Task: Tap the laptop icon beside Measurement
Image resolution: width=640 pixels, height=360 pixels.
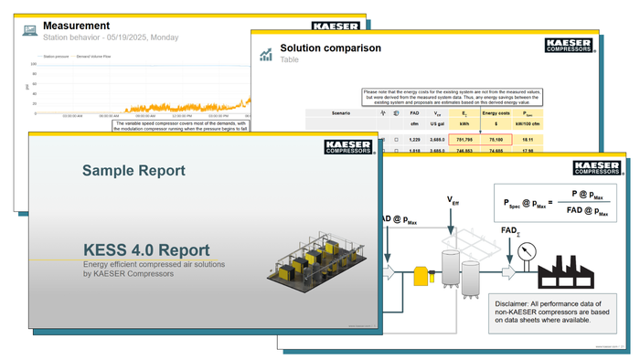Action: point(30,31)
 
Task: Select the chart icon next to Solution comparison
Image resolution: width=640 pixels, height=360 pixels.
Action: point(266,54)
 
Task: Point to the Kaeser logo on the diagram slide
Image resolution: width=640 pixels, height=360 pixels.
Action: point(597,168)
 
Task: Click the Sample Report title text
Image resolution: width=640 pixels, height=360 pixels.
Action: point(133,170)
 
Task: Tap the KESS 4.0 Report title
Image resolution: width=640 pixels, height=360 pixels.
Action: point(146,249)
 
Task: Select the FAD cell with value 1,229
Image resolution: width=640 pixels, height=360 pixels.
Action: point(414,138)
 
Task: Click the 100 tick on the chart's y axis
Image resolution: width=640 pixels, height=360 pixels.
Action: point(34,64)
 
